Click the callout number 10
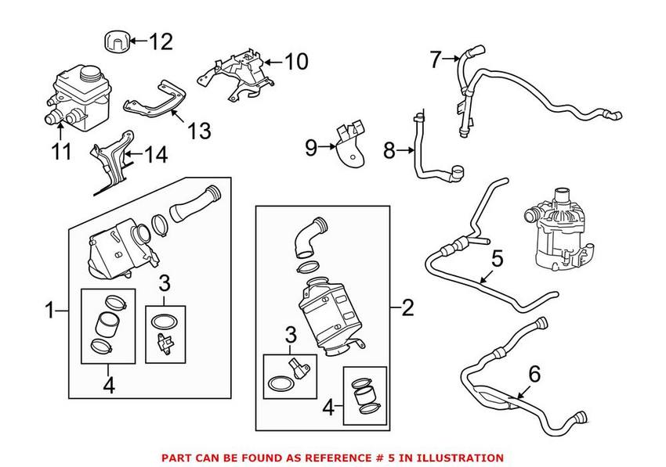(296, 61)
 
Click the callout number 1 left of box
(49, 311)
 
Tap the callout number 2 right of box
(407, 308)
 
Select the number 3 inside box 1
(164, 282)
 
